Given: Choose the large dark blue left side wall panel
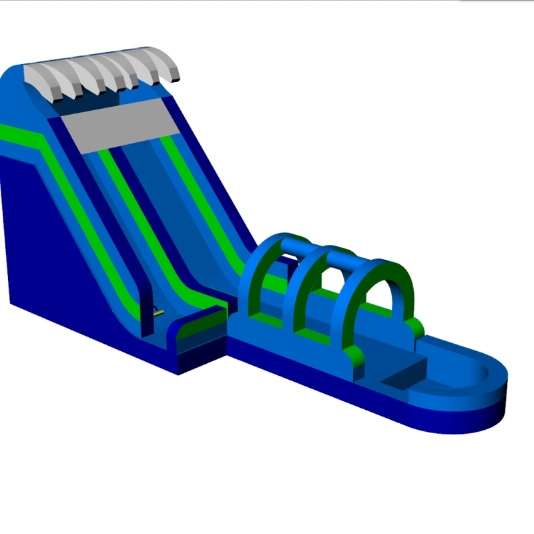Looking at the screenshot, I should [53, 254].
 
